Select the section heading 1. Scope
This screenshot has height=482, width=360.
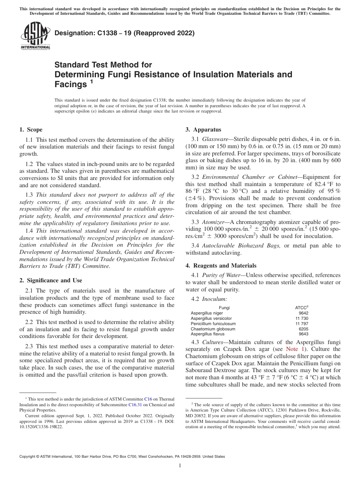pyautogui.click(x=31, y=130)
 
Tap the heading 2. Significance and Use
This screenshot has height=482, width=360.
pyautogui.click(x=50, y=280)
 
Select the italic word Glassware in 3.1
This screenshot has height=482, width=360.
pyautogui.click(x=214, y=139)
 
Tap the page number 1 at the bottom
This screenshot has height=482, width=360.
pyautogui.click(x=180, y=466)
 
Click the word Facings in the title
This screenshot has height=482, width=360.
pyautogui.click(x=71, y=84)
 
